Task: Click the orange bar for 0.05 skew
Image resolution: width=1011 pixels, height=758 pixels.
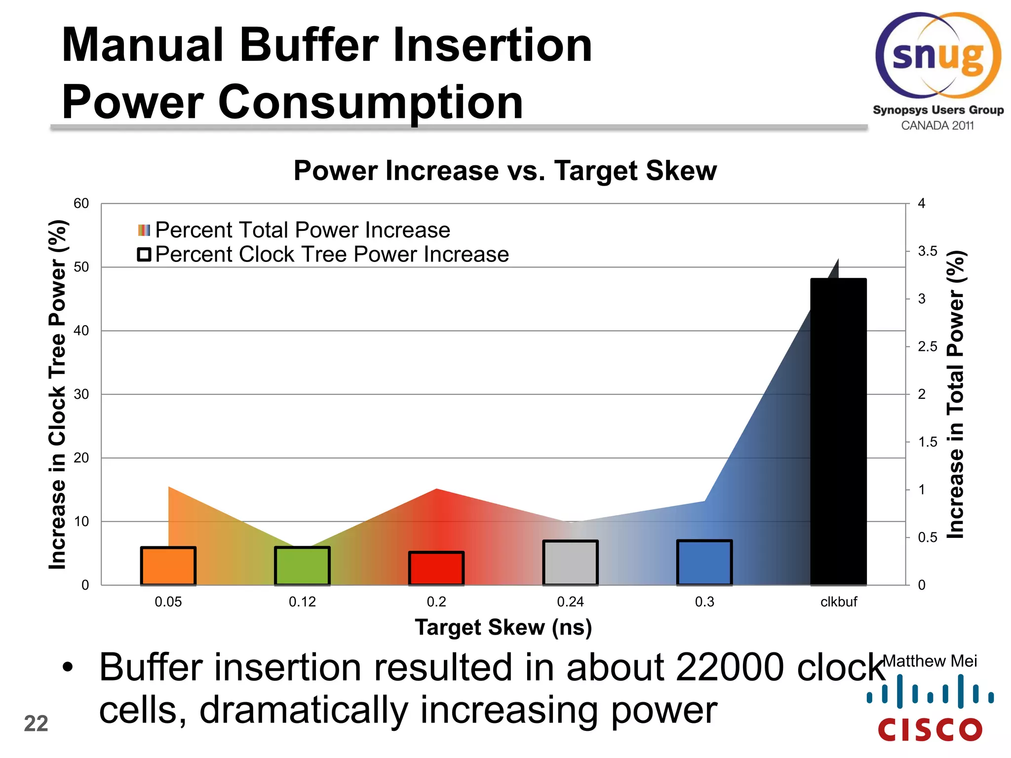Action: click(168, 566)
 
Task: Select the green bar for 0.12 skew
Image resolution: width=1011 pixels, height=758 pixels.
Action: click(302, 566)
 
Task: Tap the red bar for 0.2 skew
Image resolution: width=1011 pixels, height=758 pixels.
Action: click(436, 568)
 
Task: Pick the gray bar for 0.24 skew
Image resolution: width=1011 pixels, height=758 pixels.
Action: click(570, 563)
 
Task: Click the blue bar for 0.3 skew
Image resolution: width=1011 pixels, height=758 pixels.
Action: click(704, 563)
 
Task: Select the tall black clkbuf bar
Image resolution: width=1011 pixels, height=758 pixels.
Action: click(838, 432)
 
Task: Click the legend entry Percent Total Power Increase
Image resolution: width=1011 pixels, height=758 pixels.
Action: click(302, 230)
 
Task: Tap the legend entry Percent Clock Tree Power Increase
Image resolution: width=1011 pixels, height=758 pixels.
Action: click(331, 255)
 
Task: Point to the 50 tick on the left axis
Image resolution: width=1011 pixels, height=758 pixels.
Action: click(81, 267)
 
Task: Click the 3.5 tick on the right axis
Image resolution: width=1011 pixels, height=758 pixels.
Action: click(927, 251)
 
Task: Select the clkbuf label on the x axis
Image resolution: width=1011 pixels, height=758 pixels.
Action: click(838, 602)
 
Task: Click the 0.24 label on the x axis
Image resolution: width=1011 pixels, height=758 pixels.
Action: click(570, 602)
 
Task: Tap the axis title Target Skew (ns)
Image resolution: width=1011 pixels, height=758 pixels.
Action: click(503, 627)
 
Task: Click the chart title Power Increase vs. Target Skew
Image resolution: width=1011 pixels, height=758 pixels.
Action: click(505, 171)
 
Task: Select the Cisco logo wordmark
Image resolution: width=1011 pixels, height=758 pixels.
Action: click(930, 729)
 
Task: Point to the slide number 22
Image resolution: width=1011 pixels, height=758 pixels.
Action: click(36, 723)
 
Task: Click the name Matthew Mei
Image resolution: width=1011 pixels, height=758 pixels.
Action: click(930, 661)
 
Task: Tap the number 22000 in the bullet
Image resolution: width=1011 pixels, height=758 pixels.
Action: click(729, 667)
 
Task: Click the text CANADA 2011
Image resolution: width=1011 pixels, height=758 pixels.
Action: click(937, 125)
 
